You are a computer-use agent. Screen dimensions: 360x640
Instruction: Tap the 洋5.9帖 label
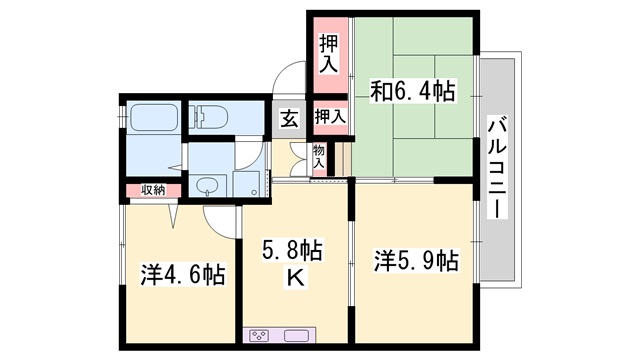pos(416,262)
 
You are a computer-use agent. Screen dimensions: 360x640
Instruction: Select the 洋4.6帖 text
pos(183,273)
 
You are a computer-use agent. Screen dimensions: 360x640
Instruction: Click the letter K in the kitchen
pos(295,277)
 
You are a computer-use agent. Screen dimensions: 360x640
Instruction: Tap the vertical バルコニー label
pos(497,170)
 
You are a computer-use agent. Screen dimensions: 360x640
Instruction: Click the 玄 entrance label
pos(288,119)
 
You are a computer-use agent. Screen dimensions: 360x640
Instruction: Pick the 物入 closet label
pos(319,156)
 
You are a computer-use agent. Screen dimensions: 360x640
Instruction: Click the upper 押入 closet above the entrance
pos(329,55)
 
